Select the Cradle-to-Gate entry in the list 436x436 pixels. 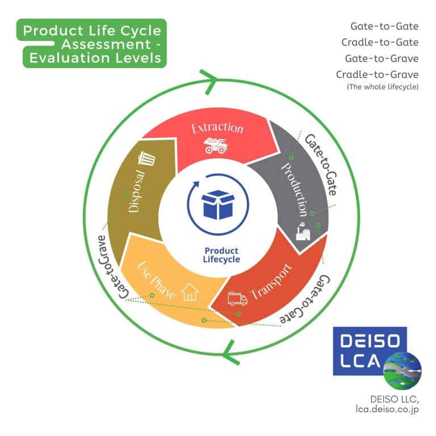[x=380, y=42]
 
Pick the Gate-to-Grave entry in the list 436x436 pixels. [x=381, y=58]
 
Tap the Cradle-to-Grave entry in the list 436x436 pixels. [x=377, y=74]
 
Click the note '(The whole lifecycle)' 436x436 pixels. [x=382, y=87]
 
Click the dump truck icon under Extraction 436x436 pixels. [x=216, y=146]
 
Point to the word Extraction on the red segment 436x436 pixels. [x=217, y=128]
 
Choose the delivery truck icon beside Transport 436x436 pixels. [x=237, y=299]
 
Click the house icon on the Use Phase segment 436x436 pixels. [x=190, y=292]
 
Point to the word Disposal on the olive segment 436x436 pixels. [x=136, y=191]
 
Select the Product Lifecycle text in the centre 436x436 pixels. [x=221, y=255]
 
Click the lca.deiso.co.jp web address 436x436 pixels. [x=385, y=409]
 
